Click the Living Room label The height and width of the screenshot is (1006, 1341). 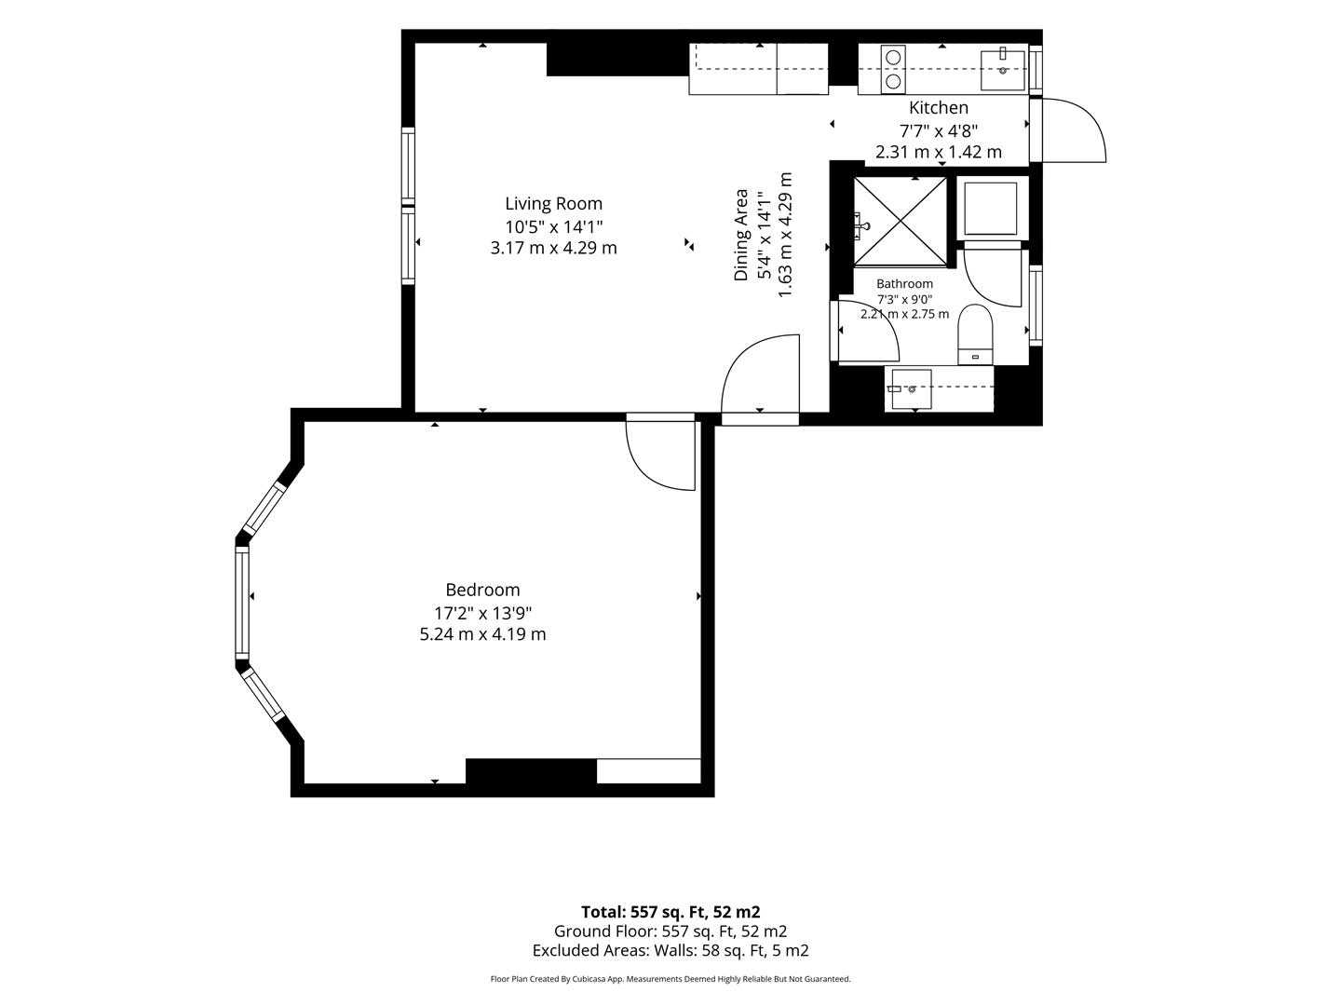(553, 203)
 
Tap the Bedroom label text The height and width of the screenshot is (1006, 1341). (482, 590)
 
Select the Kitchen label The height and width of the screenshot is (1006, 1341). (939, 108)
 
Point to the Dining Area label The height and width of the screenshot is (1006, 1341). (741, 235)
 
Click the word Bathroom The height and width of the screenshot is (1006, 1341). (905, 283)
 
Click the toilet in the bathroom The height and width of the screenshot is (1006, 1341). (975, 334)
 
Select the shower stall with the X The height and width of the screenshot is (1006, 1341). (900, 222)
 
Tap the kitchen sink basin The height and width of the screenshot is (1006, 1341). (1003, 70)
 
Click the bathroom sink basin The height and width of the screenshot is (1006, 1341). (912, 389)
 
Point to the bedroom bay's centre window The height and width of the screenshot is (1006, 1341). (242, 601)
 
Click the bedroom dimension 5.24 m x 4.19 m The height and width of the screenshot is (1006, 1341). (482, 634)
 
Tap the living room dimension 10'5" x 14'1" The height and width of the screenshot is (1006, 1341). (553, 227)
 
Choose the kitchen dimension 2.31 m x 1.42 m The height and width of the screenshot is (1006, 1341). (939, 152)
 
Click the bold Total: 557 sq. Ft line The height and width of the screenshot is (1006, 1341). (670, 912)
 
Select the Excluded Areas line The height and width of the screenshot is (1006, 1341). (670, 950)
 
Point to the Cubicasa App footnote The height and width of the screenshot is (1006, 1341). (670, 979)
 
